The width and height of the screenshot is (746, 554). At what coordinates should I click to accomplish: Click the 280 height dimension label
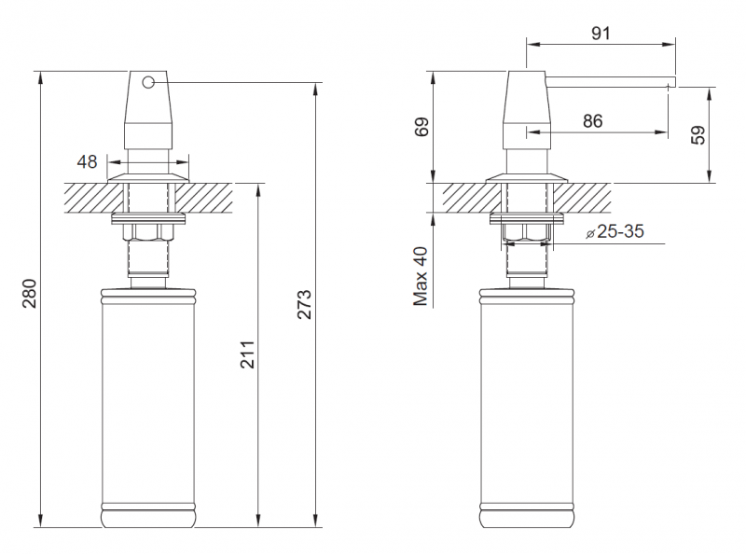[30, 294]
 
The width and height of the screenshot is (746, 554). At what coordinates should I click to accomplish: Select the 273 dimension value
[304, 304]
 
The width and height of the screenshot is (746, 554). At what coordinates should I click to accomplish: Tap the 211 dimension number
[247, 354]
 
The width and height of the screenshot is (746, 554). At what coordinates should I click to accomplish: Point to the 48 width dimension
[87, 162]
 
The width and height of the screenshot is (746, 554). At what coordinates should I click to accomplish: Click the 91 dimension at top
[601, 34]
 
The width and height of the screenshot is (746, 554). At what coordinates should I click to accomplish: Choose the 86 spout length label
[592, 121]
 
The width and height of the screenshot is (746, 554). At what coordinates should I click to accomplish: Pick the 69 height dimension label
[421, 127]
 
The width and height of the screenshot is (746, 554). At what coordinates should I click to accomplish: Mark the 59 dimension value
[698, 135]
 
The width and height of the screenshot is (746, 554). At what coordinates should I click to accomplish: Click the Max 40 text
[421, 276]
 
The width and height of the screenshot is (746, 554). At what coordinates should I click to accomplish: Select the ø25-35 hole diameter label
[615, 232]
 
